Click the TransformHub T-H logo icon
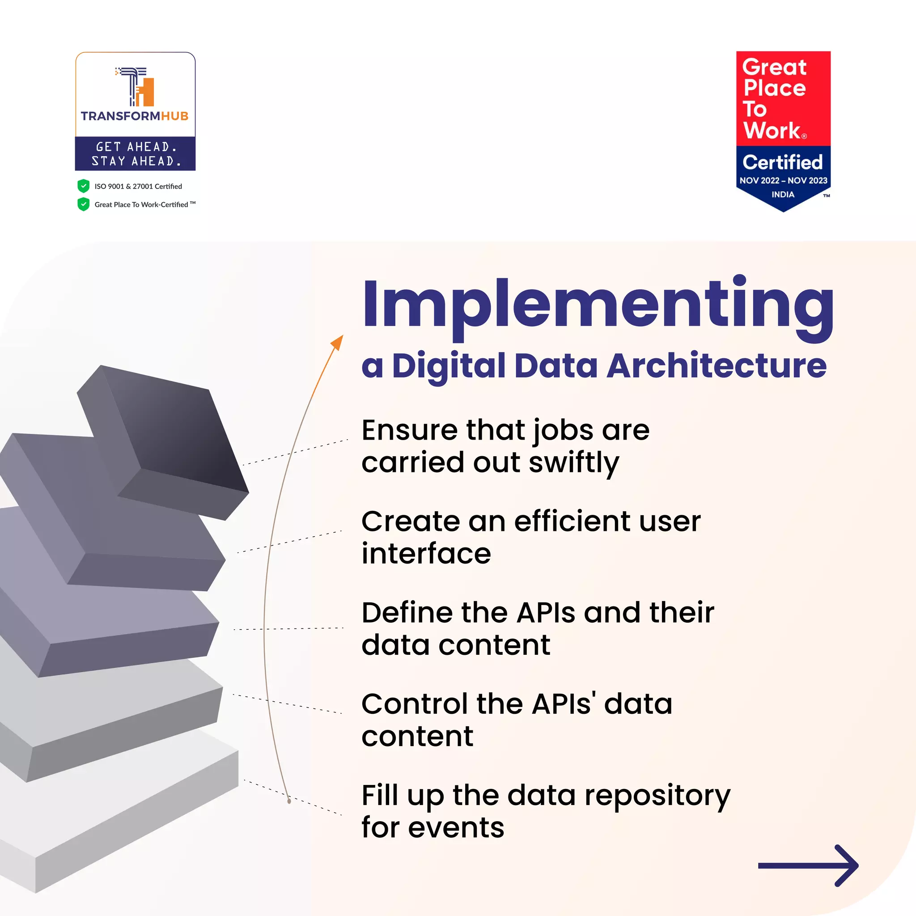pyautogui.click(x=135, y=87)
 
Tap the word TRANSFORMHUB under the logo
pyautogui.click(x=135, y=116)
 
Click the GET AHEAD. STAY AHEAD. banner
pyautogui.click(x=135, y=153)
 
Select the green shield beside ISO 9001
pyautogui.click(x=84, y=186)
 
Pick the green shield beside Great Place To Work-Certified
pyautogui.click(x=84, y=204)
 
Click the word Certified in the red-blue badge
pyautogui.click(x=783, y=163)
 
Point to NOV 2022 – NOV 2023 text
pyautogui.click(x=783, y=181)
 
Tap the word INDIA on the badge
pyautogui.click(x=783, y=195)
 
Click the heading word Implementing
pyautogui.click(x=598, y=306)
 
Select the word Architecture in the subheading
pyautogui.click(x=717, y=366)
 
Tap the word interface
pyautogui.click(x=426, y=554)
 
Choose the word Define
pyautogui.click(x=407, y=613)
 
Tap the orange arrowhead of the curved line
pyautogui.click(x=338, y=342)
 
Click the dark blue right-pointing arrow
pyautogui.click(x=808, y=866)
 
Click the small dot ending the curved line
pyautogui.click(x=289, y=801)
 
